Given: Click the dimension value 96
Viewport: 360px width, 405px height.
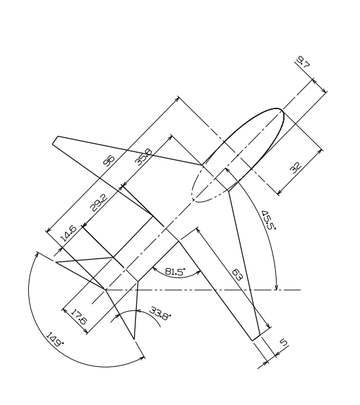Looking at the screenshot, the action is tap(108, 160).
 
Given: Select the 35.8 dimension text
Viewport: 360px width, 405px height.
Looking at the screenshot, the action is tap(144, 156).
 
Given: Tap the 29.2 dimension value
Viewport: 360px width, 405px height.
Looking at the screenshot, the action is tap(99, 202).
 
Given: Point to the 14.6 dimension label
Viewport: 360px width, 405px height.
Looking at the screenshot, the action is tap(68, 233).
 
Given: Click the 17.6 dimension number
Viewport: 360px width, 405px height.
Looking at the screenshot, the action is tap(79, 317).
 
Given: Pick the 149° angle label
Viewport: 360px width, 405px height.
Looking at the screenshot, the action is tap(55, 339).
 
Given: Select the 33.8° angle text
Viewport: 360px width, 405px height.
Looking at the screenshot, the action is tap(160, 314).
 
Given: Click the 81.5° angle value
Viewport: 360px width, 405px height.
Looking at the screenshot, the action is tap(175, 272).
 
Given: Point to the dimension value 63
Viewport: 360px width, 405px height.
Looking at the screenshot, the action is tap(237, 275).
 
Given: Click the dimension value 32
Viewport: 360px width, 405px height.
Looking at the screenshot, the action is tap(296, 168).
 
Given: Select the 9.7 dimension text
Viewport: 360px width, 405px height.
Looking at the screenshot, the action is tap(303, 62).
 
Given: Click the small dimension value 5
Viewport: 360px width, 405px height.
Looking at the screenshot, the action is tap(284, 343).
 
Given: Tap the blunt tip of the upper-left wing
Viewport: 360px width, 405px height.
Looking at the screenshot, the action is tap(55, 140).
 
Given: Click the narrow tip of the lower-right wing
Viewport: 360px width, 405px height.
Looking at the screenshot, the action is tap(256, 339).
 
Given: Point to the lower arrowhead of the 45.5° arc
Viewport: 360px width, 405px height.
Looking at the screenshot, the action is tap(277, 287).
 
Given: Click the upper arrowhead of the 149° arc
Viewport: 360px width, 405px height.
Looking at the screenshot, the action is tap(37, 255).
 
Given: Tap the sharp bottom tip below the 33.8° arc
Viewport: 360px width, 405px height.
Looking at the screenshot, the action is tap(134, 339).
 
